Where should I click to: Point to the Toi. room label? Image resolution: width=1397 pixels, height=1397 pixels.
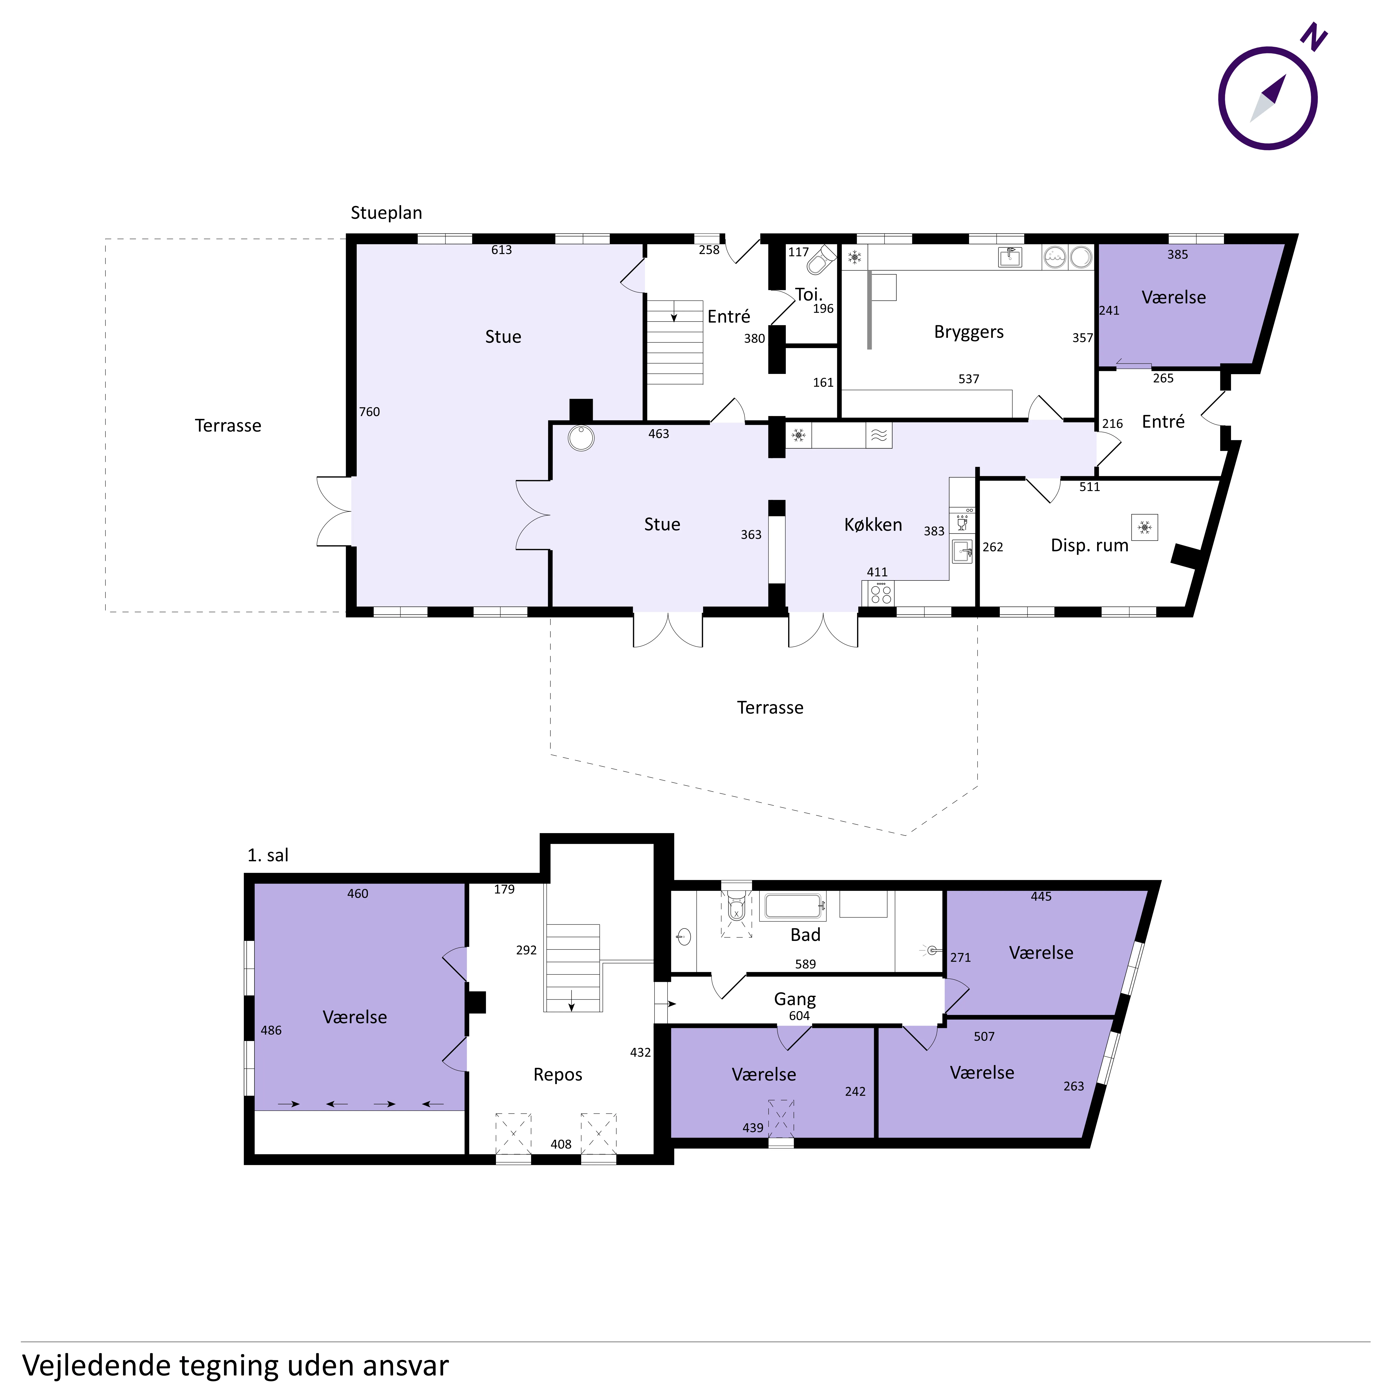(808, 294)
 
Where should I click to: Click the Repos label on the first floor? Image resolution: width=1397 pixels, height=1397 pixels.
(557, 1075)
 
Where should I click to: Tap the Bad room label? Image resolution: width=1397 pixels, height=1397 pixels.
(806, 935)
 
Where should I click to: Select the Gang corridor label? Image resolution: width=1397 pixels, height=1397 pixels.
(795, 999)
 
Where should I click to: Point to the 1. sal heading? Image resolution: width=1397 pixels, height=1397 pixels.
(268, 855)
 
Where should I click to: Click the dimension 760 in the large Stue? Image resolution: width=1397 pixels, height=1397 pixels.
(370, 411)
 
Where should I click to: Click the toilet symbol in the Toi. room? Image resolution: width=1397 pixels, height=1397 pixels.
(820, 260)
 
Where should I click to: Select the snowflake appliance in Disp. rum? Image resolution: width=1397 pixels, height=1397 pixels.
(1145, 527)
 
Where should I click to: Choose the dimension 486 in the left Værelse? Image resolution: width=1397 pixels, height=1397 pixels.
(271, 1030)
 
